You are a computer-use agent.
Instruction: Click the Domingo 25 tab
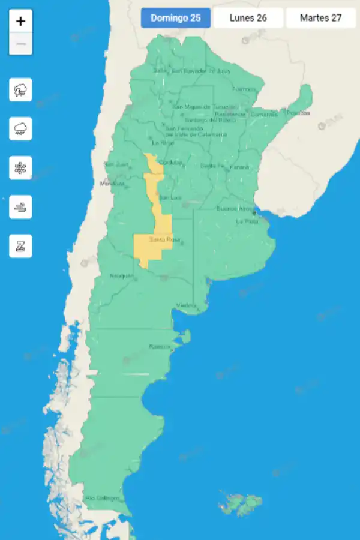(176, 18)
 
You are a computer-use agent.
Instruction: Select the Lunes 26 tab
(248, 18)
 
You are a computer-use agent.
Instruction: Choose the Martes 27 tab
(321, 18)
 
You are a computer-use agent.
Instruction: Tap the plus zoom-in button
(21, 22)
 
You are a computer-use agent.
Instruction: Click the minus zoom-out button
(21, 44)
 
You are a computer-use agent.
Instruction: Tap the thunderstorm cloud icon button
(21, 91)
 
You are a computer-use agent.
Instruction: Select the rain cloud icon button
(21, 129)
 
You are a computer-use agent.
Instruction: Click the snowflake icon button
(21, 168)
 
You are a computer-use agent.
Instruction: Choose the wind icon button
(21, 207)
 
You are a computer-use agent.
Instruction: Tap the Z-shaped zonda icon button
(21, 246)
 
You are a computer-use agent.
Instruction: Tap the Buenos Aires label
(235, 209)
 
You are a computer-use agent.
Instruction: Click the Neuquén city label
(122, 276)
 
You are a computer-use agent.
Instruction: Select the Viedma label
(187, 306)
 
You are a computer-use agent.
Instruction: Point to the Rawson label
(160, 347)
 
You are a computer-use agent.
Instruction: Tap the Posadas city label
(298, 113)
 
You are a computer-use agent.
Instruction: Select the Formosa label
(244, 89)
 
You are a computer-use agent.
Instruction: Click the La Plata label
(247, 221)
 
